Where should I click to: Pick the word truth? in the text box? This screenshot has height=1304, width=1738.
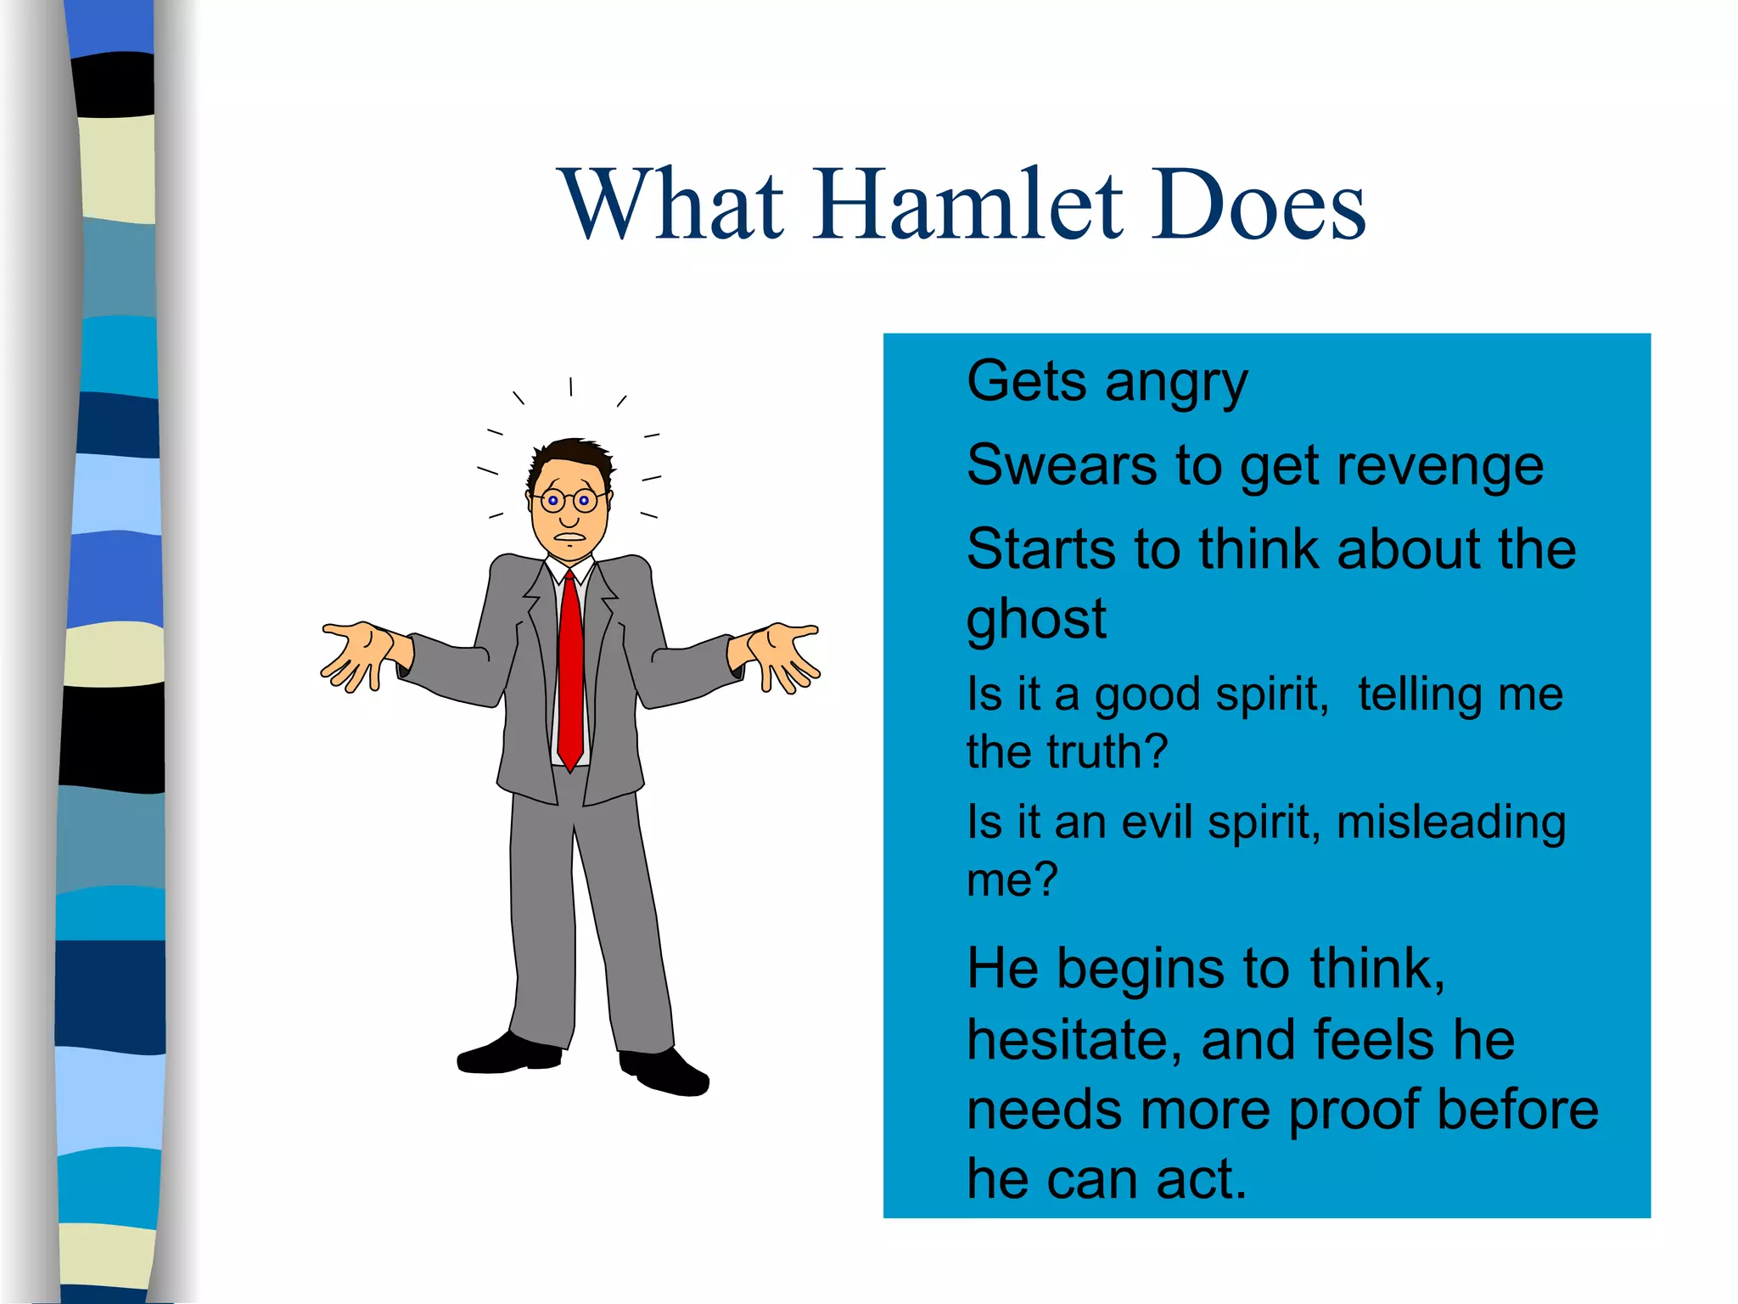pos(1107,752)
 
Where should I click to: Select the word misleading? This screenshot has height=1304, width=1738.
pos(1450,822)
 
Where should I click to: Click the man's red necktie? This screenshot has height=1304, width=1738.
pos(570,671)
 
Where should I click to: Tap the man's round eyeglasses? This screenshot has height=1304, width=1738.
pos(569,500)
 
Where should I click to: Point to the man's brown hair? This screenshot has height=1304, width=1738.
pos(571,458)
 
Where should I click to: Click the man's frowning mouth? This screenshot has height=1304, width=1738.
pos(569,536)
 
